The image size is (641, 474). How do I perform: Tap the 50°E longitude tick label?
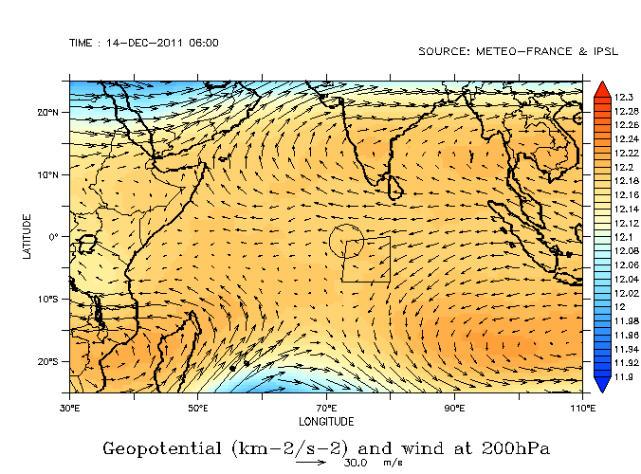(x=197, y=408)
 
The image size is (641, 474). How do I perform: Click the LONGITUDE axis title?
(x=326, y=421)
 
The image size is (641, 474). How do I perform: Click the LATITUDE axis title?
(x=28, y=237)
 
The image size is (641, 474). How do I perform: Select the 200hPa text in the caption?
(x=516, y=447)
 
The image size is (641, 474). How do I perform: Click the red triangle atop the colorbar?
(x=601, y=90)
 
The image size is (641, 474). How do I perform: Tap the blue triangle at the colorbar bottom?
(x=601, y=384)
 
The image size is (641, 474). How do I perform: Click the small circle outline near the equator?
(x=345, y=241)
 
